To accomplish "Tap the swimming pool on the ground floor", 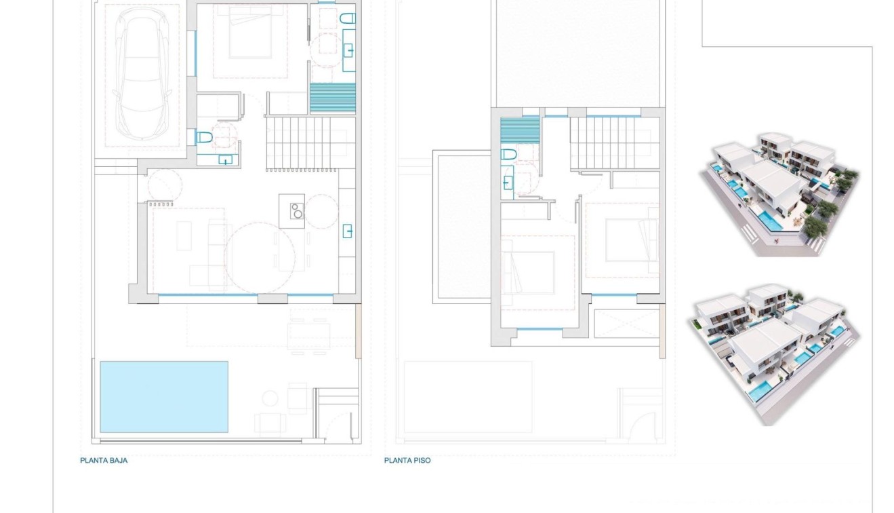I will (x=164, y=396).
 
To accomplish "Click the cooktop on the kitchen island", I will (x=296, y=211).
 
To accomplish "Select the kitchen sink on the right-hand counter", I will (x=348, y=231).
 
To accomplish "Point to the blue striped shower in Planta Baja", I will (x=333, y=97).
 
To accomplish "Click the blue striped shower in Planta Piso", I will (x=520, y=129).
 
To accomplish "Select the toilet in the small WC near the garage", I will (x=204, y=138).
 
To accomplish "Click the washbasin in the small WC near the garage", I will (x=226, y=159).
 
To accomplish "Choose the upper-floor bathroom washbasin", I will (x=508, y=182).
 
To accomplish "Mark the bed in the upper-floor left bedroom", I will (x=529, y=271).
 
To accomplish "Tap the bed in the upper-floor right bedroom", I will (x=632, y=240).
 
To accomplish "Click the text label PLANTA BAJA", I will (x=104, y=460).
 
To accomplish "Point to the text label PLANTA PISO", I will (x=407, y=460).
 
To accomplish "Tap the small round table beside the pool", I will (x=270, y=398).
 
